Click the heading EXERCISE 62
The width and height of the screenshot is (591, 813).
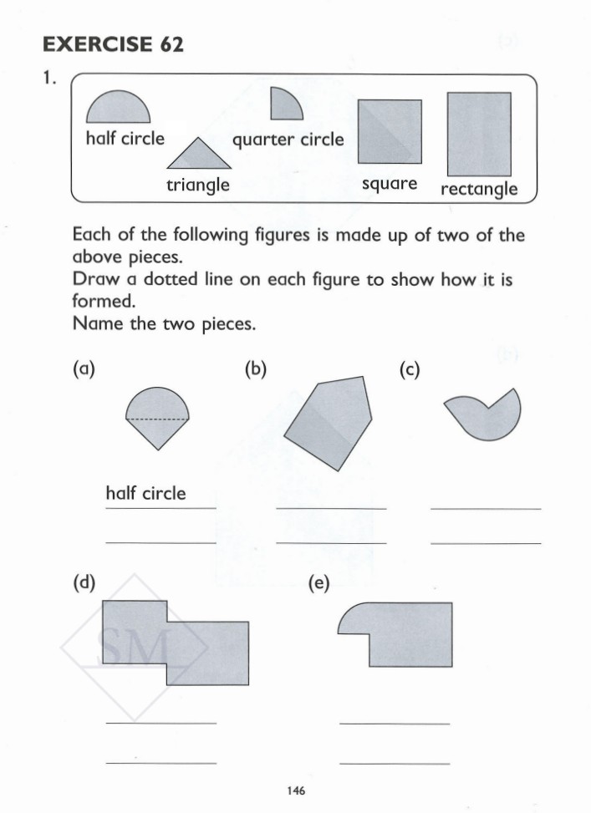pos(113,44)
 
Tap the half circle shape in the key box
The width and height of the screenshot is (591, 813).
pos(118,109)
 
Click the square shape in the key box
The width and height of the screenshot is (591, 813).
pos(390,131)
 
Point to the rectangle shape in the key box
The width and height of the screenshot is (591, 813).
pos(479,134)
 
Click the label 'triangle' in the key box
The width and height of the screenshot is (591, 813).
pos(197,185)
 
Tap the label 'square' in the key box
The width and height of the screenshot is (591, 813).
pos(390,184)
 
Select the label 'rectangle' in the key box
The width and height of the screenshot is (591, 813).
pos(479,189)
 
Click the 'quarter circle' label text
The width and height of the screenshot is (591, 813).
pos(288,140)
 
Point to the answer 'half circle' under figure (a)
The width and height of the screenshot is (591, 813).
pos(145,494)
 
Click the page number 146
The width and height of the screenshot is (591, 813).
pos(295,790)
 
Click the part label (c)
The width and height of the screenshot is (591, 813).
pos(409,368)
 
